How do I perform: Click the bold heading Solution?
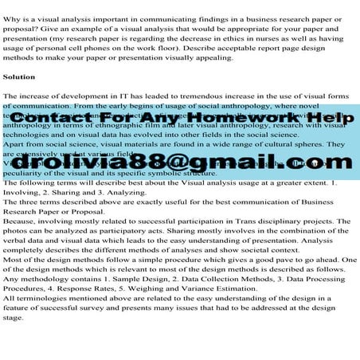point(18,77)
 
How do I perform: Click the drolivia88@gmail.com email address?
point(179,165)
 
